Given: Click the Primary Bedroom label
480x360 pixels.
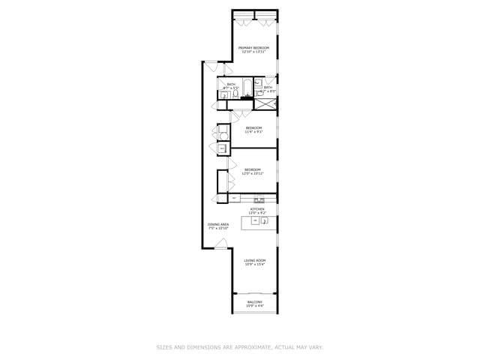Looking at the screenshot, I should (253, 48).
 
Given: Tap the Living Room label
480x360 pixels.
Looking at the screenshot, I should (255, 260).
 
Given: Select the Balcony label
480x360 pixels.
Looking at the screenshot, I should (255, 302).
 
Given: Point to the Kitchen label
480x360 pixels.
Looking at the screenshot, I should (257, 209).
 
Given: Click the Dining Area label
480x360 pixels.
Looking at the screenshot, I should (218, 224).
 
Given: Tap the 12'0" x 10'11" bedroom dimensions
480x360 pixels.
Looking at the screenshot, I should (253, 174).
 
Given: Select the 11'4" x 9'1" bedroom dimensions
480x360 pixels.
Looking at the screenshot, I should (253, 132).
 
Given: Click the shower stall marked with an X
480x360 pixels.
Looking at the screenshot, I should (265, 103).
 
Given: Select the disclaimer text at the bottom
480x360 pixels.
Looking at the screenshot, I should (239, 347).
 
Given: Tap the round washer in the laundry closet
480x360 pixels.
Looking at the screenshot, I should (222, 133).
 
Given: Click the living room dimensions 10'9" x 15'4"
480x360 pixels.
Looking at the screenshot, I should (255, 264).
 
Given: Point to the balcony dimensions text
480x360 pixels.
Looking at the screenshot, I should (255, 306).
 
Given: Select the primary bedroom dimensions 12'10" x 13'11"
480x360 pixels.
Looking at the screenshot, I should (253, 52).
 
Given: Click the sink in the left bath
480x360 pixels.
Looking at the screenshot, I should (224, 95).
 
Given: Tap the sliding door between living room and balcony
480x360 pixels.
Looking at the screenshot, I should (255, 292).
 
